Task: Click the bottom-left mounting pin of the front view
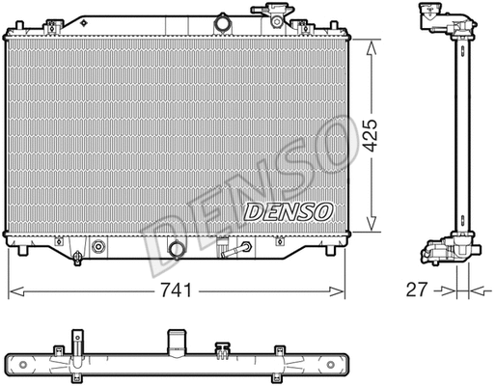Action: [x=21, y=253]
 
